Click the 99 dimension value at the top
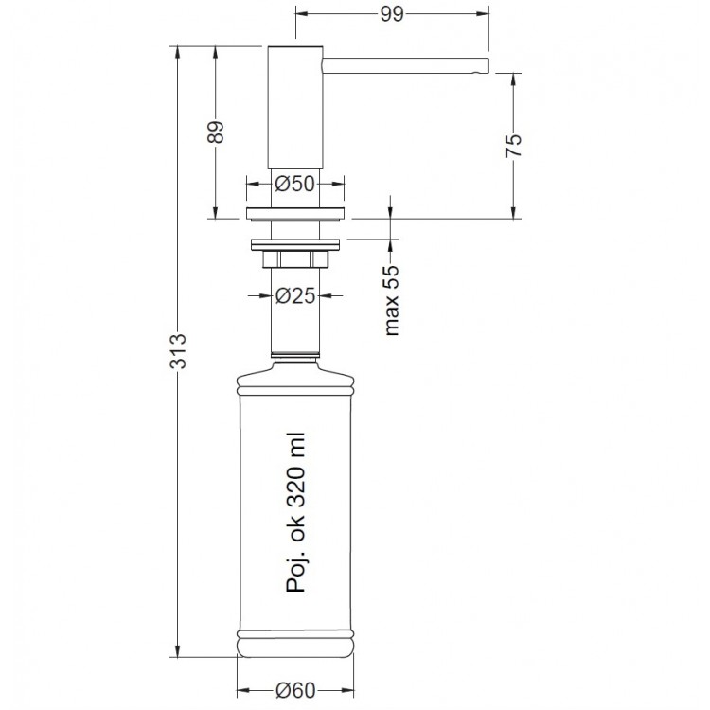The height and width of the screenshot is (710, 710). pos(392,14)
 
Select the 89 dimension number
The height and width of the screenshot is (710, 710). pos(217,133)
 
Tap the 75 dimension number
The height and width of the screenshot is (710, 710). pos(513,146)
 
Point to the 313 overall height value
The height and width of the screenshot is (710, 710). pos(178,351)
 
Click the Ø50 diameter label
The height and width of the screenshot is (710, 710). pos(294,184)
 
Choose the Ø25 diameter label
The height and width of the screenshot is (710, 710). pos(295,295)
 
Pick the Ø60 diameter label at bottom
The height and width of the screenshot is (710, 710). pos(295,690)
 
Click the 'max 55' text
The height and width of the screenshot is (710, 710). pos(392,300)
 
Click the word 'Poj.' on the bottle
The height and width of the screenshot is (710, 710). pos(296,575)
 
